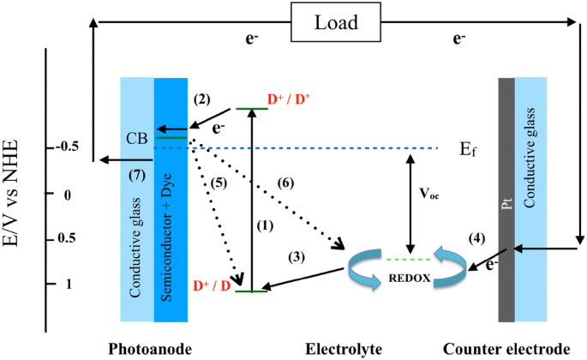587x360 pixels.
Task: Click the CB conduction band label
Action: point(135,136)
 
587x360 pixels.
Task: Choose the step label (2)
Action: point(202,99)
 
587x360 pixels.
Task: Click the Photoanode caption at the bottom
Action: point(144,348)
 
